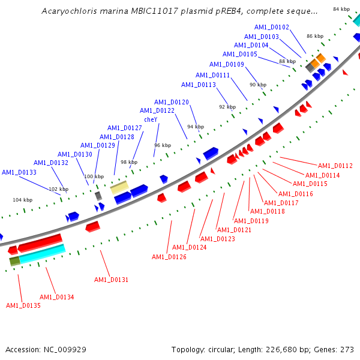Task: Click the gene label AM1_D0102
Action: [x=271, y=27]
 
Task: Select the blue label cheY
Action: [x=150, y=119]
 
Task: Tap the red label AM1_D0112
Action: [x=335, y=166]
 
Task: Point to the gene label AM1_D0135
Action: [x=23, y=305]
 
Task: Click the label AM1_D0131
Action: [x=111, y=280]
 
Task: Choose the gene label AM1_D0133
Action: [x=19, y=172]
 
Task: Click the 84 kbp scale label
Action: [x=341, y=9]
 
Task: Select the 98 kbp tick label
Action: [x=128, y=163]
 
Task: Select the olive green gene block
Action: [x=14, y=261]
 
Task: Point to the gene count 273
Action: [x=347, y=349]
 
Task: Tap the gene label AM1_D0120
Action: [x=171, y=102]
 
